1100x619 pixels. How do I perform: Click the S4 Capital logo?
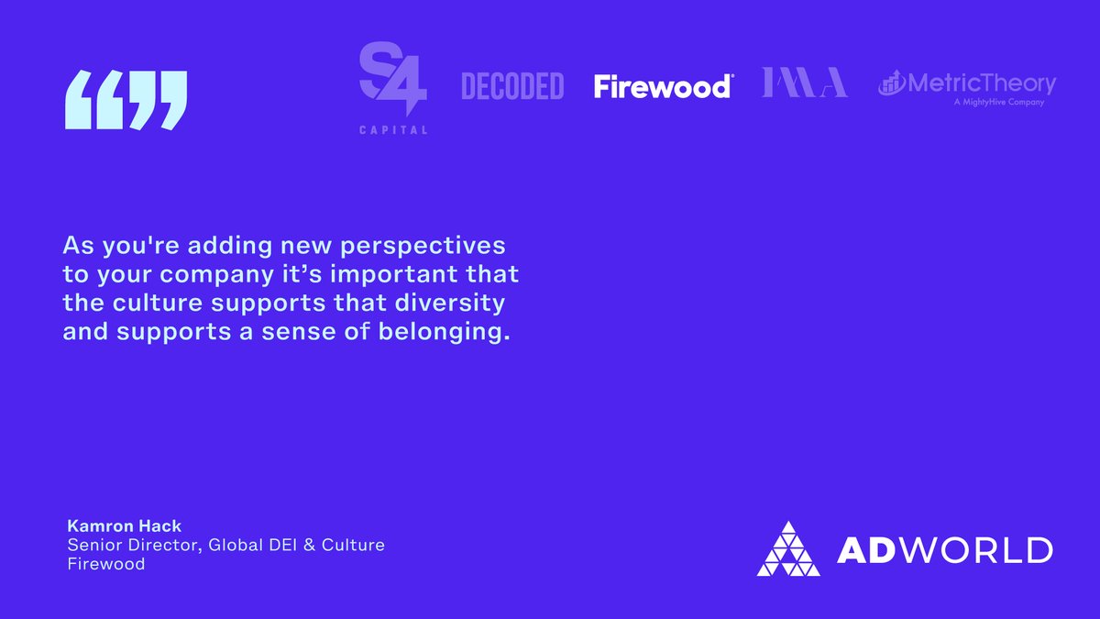pos(392,83)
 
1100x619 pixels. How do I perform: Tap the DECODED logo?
pos(511,86)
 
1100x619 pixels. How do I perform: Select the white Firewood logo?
pos(663,86)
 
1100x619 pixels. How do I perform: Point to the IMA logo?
pos(805,83)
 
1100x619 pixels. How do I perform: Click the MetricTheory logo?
pos(967,84)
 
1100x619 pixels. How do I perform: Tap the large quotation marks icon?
pos(126,101)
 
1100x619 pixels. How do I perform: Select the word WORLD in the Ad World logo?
pos(981,549)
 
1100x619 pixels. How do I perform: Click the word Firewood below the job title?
pos(106,564)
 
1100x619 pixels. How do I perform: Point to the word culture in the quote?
pos(147,303)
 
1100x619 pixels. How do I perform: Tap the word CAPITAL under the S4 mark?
pos(392,130)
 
